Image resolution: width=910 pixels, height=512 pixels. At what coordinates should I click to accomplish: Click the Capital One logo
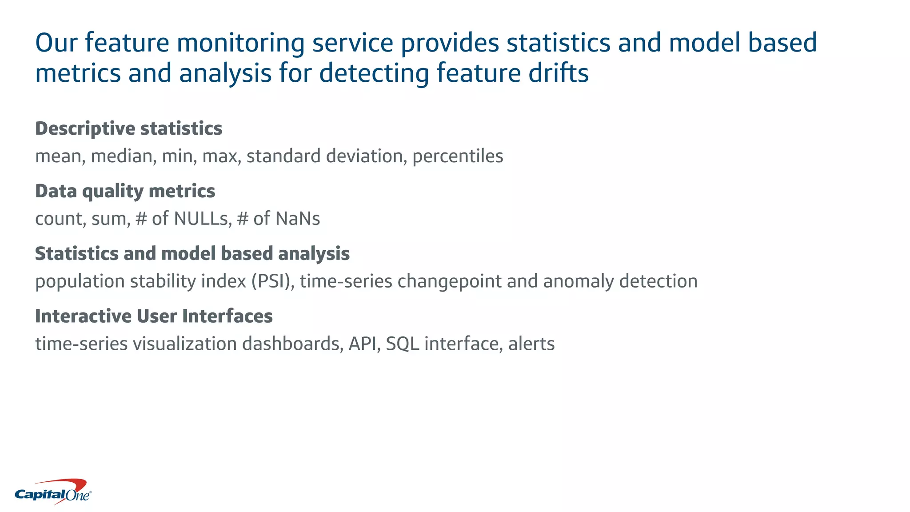point(53,492)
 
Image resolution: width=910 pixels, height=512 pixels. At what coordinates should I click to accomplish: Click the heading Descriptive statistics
point(128,128)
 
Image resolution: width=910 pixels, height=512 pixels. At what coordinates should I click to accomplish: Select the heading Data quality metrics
point(125,191)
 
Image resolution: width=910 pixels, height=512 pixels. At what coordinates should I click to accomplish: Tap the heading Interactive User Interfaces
point(154,316)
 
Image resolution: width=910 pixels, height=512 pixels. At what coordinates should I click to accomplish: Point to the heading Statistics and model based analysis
point(192,254)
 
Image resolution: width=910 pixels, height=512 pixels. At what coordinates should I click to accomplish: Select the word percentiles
point(458,156)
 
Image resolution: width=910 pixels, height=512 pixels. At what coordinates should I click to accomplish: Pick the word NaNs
point(297,219)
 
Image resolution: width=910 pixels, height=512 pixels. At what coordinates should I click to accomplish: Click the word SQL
point(402,344)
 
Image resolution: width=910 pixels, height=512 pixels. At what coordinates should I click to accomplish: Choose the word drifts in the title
point(558,73)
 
